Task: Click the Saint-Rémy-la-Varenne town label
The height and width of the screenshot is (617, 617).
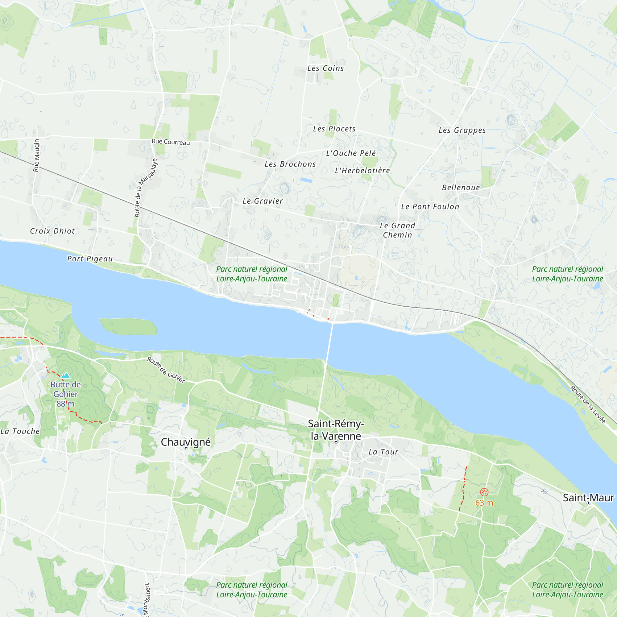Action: pyautogui.click(x=335, y=430)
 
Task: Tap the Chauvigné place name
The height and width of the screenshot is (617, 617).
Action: pyautogui.click(x=185, y=442)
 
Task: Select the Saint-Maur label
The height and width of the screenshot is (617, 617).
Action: pyautogui.click(x=588, y=498)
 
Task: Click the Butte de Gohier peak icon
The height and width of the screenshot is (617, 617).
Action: pyautogui.click(x=65, y=375)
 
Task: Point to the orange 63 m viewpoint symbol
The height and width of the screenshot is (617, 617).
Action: pyautogui.click(x=484, y=492)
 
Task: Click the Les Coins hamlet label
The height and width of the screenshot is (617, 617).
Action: pyautogui.click(x=325, y=68)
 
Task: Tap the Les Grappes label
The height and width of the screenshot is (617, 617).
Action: pyautogui.click(x=462, y=130)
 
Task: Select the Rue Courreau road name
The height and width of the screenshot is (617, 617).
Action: pyautogui.click(x=171, y=142)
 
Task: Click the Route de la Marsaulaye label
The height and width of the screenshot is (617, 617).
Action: pyautogui.click(x=146, y=188)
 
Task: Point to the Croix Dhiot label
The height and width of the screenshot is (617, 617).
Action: pyautogui.click(x=52, y=231)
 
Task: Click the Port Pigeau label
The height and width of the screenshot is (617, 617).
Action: pyautogui.click(x=90, y=259)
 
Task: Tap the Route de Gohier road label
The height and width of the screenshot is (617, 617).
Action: pyautogui.click(x=166, y=370)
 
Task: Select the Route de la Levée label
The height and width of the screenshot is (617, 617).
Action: pyautogui.click(x=588, y=405)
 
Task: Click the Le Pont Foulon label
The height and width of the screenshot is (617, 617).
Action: pyautogui.click(x=430, y=207)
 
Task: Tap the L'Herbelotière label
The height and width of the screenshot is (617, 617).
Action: pyautogui.click(x=362, y=171)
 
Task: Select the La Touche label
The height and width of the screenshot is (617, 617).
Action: pyautogui.click(x=20, y=431)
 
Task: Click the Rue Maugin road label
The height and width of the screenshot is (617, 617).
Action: pyautogui.click(x=36, y=155)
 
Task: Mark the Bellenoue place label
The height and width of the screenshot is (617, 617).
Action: pyautogui.click(x=461, y=188)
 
